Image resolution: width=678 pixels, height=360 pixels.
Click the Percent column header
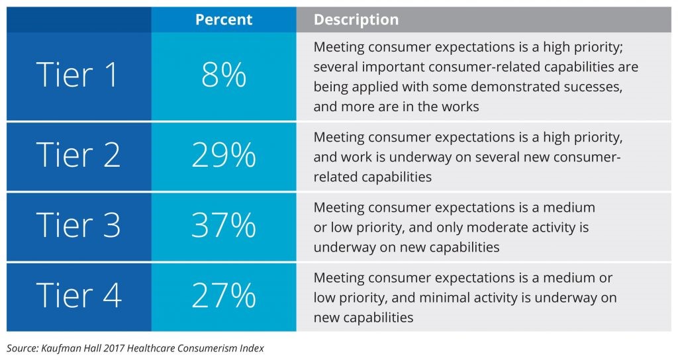[x=223, y=20]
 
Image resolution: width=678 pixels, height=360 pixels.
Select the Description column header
[x=356, y=20]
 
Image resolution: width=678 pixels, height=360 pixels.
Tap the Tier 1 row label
[x=78, y=75]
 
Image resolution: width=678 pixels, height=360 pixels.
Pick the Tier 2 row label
[x=78, y=156]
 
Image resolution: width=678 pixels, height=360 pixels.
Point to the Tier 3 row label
[x=78, y=226]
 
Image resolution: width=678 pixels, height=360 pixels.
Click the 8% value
[x=223, y=75]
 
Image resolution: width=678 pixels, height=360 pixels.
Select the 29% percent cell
[x=223, y=156]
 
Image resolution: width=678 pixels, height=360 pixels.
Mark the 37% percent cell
[x=223, y=226]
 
